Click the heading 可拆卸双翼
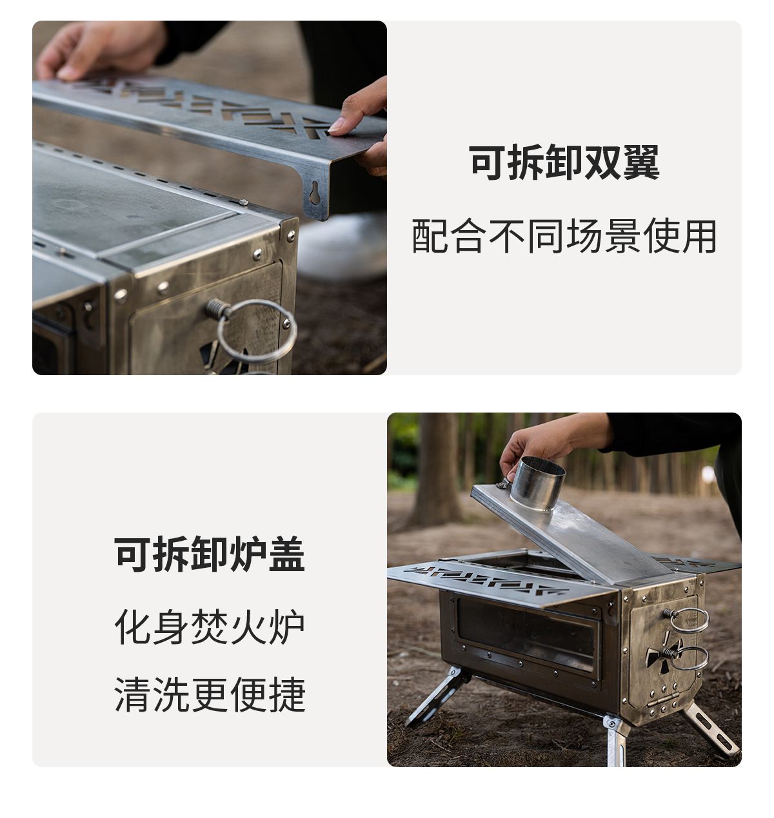point(564,162)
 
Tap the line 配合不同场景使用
point(564,237)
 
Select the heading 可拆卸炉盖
point(210,554)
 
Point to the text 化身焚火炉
point(210,626)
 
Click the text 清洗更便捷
point(210,694)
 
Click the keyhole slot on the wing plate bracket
point(314,192)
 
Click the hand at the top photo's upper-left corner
point(97,48)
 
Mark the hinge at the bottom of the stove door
point(664,699)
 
